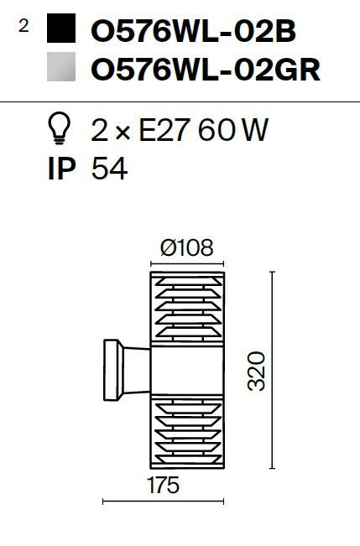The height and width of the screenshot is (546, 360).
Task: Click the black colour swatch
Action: (x=61, y=29)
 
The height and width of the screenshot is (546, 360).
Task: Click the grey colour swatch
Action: (x=61, y=66)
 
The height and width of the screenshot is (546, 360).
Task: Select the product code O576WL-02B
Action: (x=193, y=31)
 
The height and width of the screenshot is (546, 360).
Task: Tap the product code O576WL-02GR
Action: (x=206, y=70)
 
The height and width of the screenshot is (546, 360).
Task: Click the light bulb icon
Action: (x=59, y=128)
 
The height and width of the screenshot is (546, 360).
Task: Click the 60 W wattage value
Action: (x=233, y=130)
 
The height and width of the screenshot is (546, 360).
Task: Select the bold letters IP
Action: (x=62, y=169)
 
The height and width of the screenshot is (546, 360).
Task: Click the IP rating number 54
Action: (x=109, y=169)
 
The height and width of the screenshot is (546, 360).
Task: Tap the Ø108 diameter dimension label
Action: (x=186, y=247)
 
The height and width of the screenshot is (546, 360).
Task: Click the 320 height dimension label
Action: (x=257, y=371)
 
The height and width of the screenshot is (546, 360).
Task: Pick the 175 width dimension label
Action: (x=163, y=485)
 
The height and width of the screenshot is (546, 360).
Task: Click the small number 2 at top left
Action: (x=23, y=26)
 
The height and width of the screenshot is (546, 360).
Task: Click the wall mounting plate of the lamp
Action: (x=112, y=370)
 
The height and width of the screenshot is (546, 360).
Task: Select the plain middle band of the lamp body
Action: (x=187, y=370)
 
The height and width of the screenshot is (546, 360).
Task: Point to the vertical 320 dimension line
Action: (x=273, y=370)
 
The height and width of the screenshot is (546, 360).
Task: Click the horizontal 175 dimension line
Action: (x=163, y=502)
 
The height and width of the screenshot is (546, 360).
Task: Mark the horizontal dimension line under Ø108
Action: (x=187, y=264)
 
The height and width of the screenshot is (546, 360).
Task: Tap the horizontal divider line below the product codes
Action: (x=180, y=102)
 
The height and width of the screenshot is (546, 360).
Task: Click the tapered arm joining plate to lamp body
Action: (x=137, y=370)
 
